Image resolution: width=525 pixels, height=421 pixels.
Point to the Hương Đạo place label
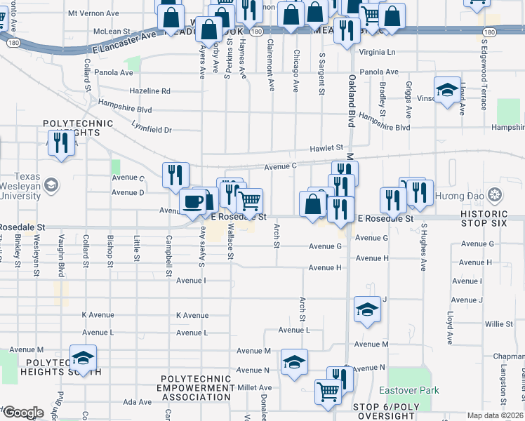point(459,195)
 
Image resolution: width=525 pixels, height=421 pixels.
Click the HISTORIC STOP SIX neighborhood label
point(493,218)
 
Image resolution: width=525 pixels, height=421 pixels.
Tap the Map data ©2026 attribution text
point(496,415)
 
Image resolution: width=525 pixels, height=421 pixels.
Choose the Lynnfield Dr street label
point(151,129)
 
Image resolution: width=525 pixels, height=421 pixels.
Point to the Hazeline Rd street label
point(150,91)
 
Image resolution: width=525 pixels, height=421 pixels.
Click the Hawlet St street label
point(326,149)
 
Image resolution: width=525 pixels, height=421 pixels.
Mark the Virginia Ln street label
point(377,53)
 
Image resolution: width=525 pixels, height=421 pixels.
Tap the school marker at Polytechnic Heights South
point(83,359)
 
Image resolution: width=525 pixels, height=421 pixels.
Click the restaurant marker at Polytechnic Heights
point(62,144)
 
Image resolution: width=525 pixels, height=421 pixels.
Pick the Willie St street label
point(498,324)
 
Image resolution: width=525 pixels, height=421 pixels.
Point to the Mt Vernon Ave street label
point(93,14)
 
